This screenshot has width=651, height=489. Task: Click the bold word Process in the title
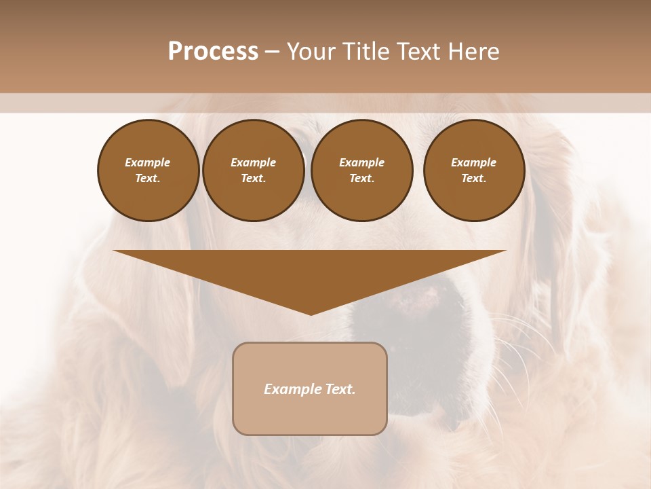point(213,52)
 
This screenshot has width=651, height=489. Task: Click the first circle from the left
point(148,170)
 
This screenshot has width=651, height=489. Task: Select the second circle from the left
point(253,170)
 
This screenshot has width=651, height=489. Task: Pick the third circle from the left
point(361,170)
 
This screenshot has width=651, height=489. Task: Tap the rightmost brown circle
point(473,170)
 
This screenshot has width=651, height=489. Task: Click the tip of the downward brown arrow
point(311,313)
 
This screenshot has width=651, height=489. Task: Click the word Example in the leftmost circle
point(148,163)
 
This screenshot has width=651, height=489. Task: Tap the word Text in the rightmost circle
point(473,179)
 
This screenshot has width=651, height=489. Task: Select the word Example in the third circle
point(361,163)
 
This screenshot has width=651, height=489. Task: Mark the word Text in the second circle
point(253,179)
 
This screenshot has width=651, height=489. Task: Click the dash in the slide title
point(272,52)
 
